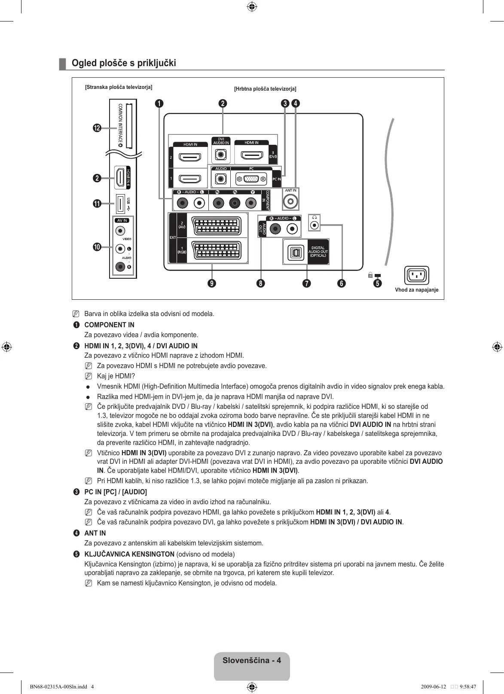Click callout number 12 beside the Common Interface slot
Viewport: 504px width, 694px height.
(97, 128)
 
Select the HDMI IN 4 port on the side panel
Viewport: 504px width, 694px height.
(120, 177)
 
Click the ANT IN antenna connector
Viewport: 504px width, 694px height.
(291, 201)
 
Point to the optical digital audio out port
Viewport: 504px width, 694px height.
(295, 252)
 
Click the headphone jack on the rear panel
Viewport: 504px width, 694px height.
(315, 225)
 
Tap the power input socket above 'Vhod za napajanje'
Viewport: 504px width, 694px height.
(416, 275)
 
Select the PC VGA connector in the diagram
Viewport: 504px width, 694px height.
(251, 179)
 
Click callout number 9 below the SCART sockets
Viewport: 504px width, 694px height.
(212, 283)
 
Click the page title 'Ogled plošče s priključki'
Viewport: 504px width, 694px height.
(124, 63)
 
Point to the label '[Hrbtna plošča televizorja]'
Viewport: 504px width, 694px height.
(265, 89)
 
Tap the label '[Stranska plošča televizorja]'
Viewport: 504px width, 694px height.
(119, 87)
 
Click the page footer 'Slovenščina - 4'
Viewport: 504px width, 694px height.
(252, 661)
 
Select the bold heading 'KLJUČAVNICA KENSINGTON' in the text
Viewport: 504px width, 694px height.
(129, 554)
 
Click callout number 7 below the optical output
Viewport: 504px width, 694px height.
(306, 283)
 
